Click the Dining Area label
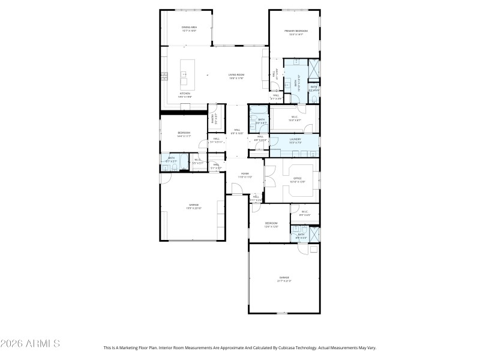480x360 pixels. [190, 29]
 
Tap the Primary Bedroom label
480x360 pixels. [296, 32]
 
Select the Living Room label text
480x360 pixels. [236, 76]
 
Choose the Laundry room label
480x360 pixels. [294, 140]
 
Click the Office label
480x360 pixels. [298, 179]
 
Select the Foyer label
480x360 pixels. [245, 175]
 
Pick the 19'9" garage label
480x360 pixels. [194, 206]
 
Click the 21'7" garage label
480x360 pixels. [284, 279]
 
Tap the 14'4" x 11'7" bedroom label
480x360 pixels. [184, 134]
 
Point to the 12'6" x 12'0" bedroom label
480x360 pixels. [271, 224]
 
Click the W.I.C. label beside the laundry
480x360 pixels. [295, 118]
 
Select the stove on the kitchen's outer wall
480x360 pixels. [164, 76]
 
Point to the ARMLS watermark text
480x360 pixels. [30, 344]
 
